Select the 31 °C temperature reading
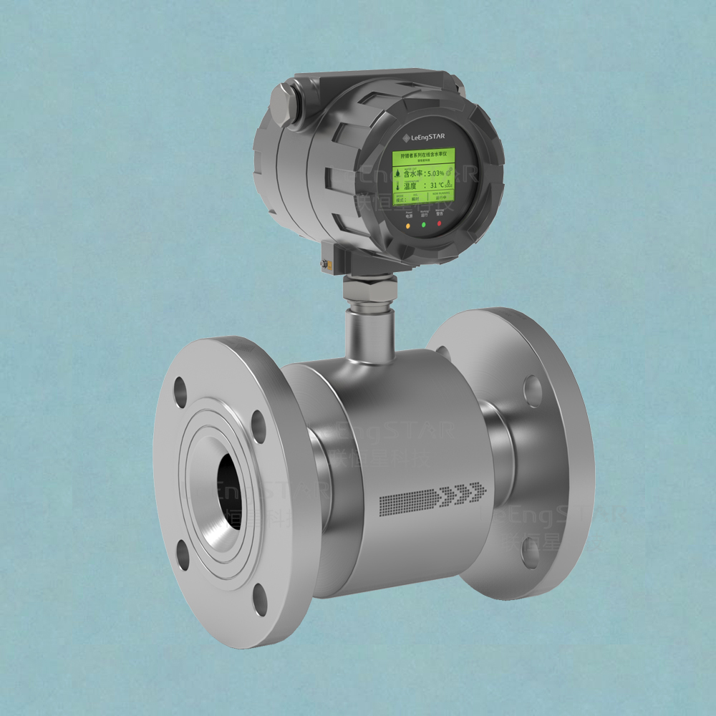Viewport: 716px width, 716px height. coord(437,185)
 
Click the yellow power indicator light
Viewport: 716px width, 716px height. coord(408,225)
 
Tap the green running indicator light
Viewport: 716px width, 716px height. coord(424,225)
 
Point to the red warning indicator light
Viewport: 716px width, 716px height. coord(440,223)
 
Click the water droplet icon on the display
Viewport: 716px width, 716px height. coord(397,173)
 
